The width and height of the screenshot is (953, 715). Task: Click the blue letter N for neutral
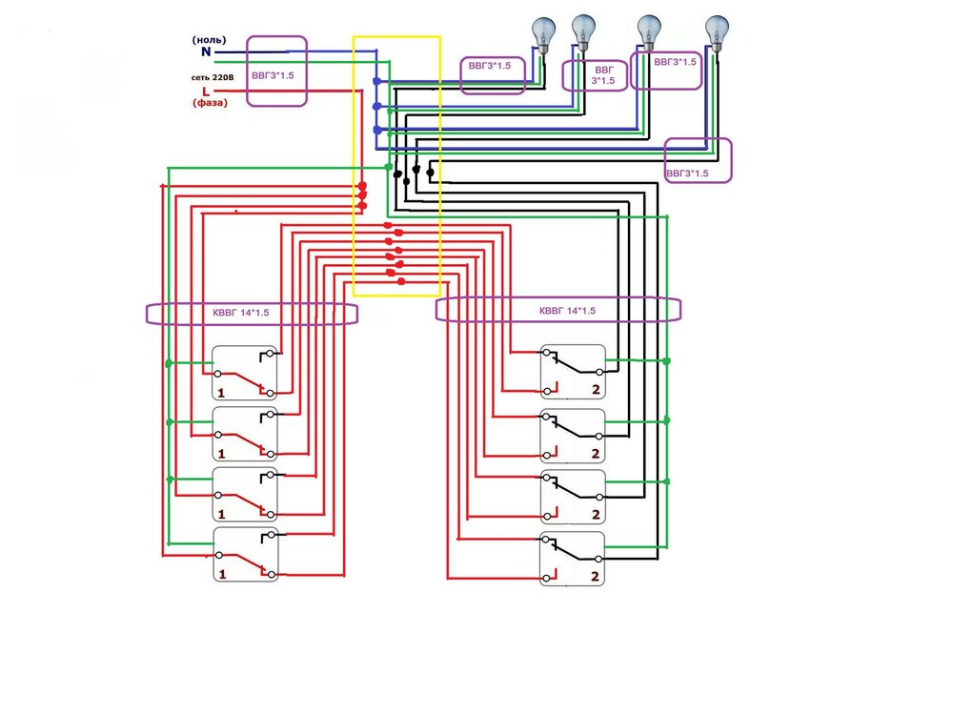(x=205, y=52)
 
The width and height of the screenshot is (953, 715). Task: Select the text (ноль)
(x=209, y=39)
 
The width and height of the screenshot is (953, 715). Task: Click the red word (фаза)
(x=210, y=103)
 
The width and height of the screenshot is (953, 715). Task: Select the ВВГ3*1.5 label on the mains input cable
(x=276, y=71)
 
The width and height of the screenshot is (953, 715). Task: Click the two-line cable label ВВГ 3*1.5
(x=595, y=75)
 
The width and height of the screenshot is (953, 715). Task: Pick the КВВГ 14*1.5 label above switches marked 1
(x=250, y=312)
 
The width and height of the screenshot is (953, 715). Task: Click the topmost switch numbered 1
(x=245, y=373)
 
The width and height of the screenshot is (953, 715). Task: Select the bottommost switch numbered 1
(x=245, y=554)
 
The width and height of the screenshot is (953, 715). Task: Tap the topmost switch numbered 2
(x=573, y=371)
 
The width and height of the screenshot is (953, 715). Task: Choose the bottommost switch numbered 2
(x=573, y=559)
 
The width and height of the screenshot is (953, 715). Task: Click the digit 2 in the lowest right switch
(x=597, y=577)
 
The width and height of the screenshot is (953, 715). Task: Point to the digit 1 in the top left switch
(x=222, y=393)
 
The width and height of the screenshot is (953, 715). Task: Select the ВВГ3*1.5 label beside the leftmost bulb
(x=493, y=67)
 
